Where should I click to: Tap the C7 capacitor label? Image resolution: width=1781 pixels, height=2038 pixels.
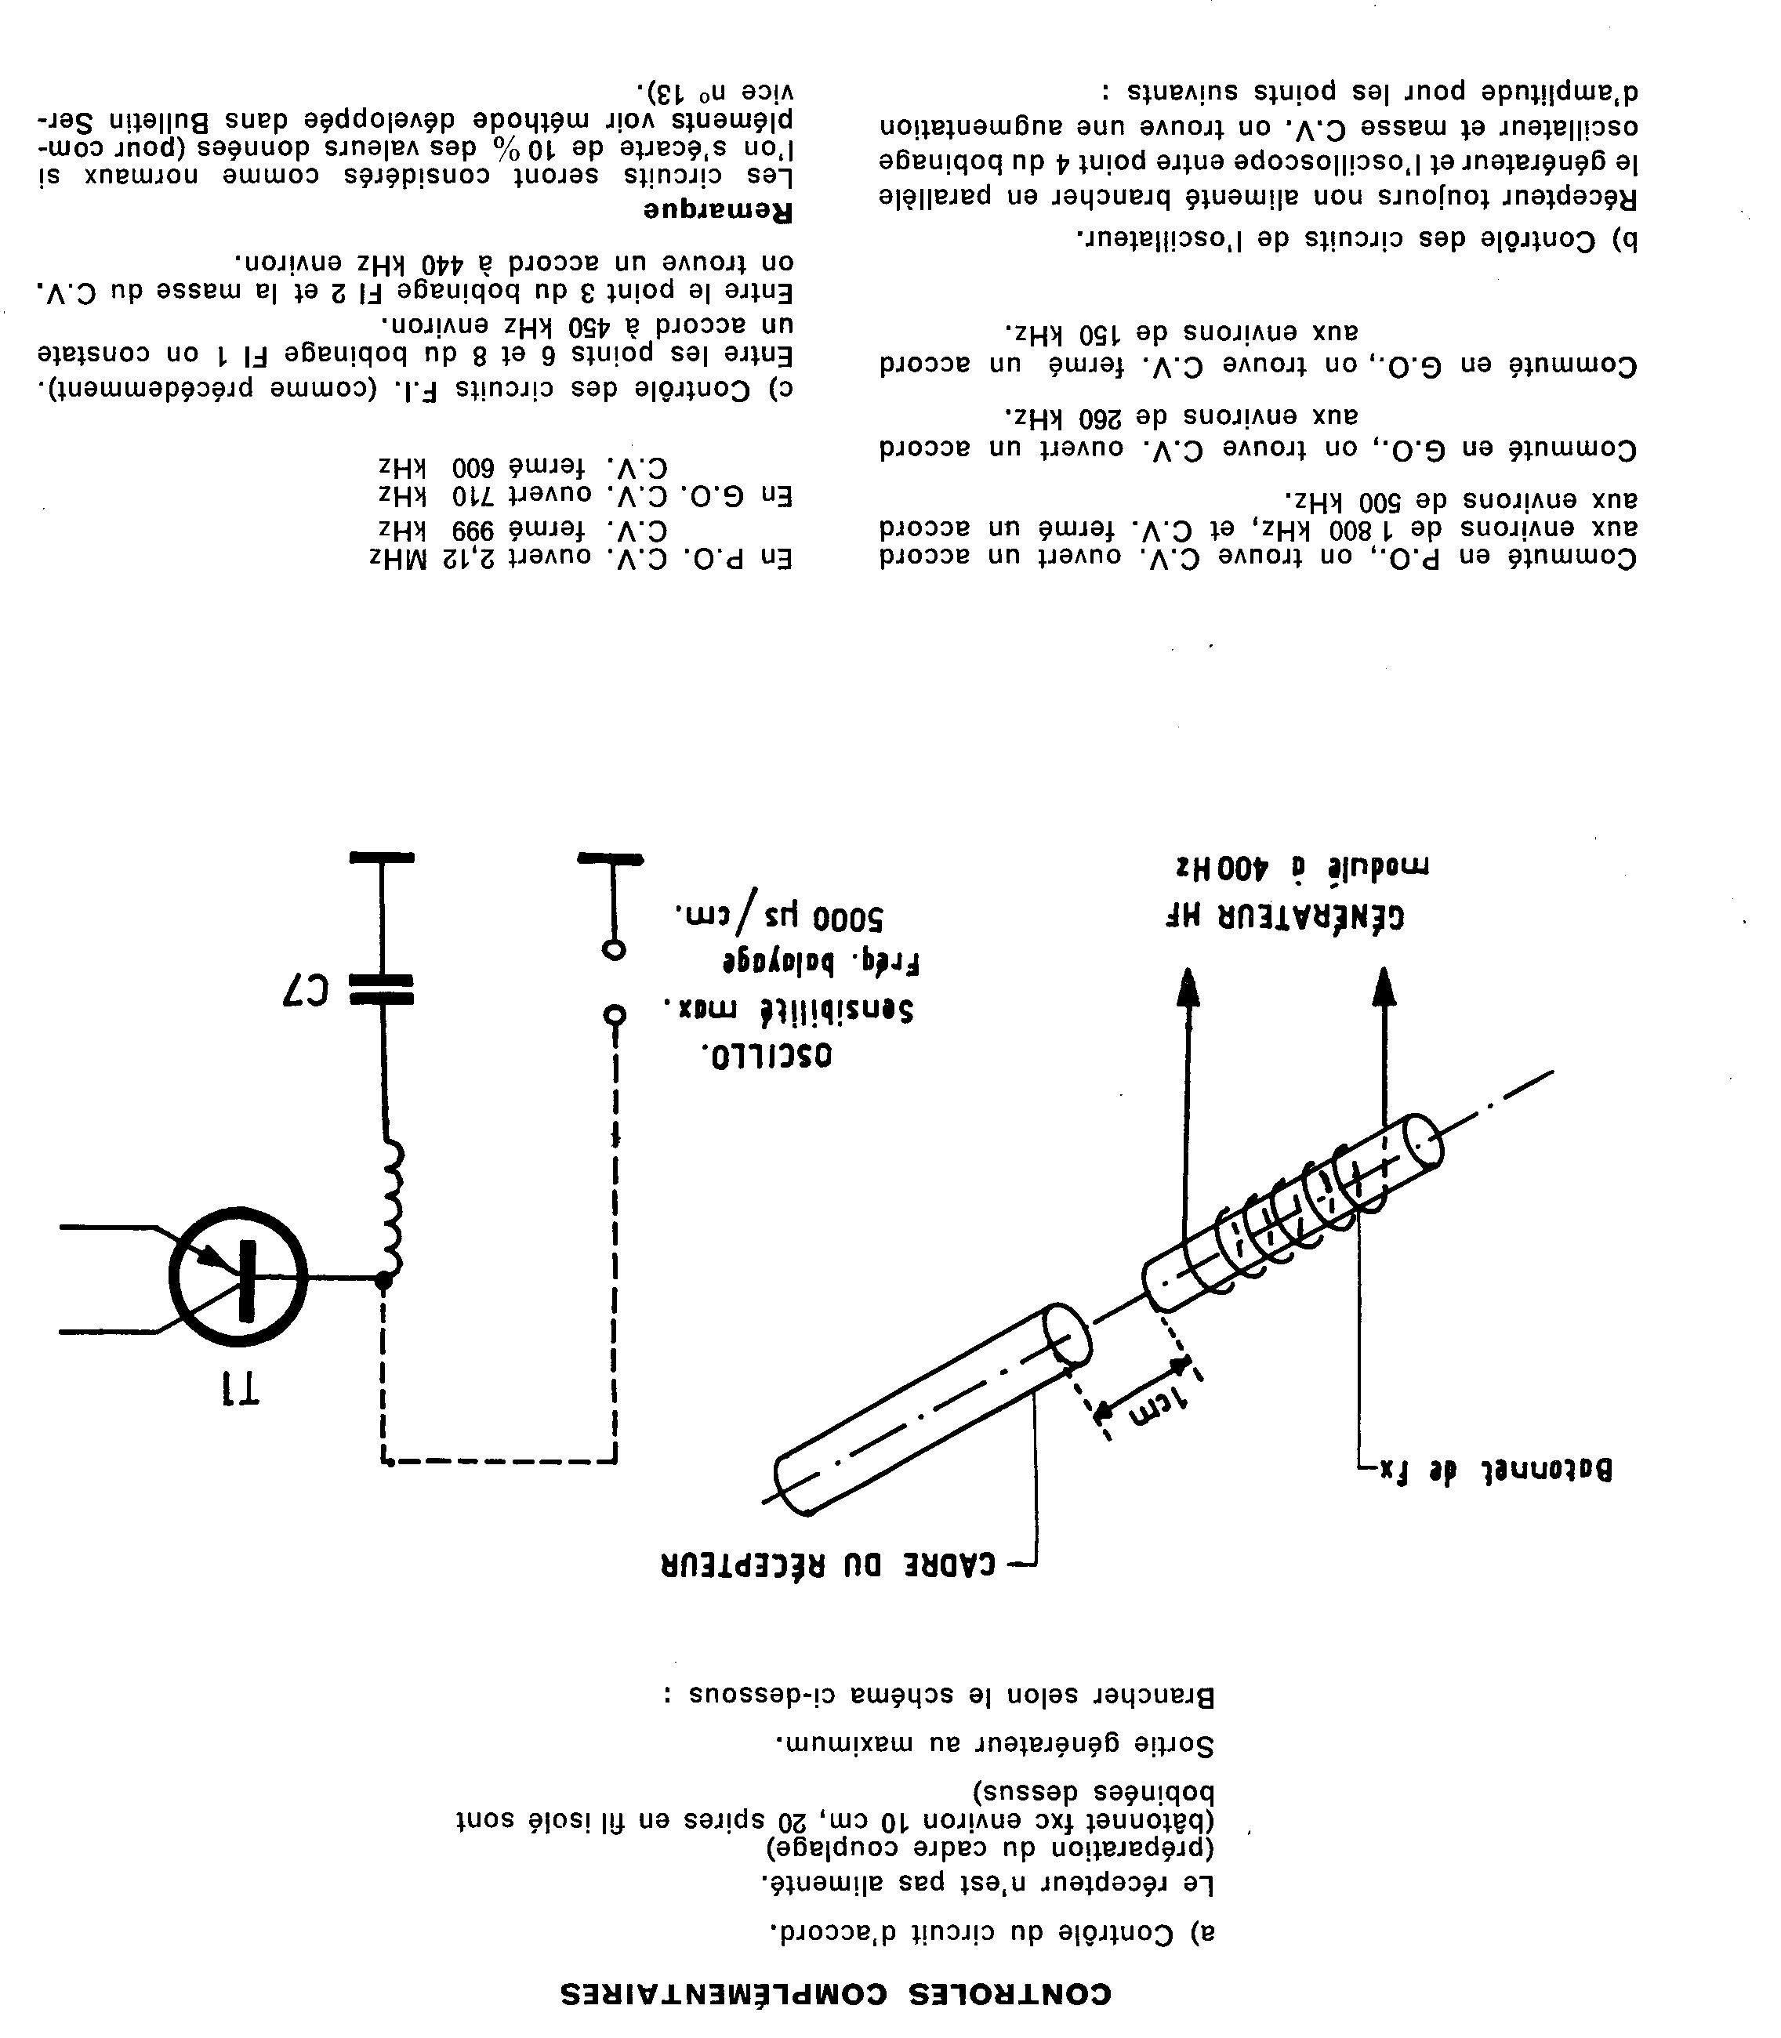pyautogui.click(x=304, y=988)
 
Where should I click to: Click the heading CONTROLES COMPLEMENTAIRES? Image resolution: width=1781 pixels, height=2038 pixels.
pyautogui.click(x=835, y=1993)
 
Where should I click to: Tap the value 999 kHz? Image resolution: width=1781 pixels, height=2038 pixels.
pyautogui.click(x=427, y=528)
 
